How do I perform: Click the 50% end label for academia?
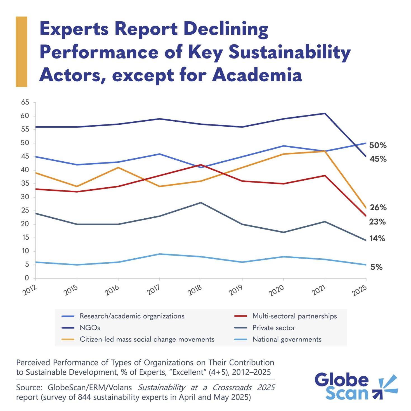pyautogui.click(x=378, y=145)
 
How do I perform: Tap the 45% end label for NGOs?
pyautogui.click(x=378, y=159)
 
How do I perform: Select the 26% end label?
pyautogui.click(x=378, y=207)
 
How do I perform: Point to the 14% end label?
pyautogui.click(x=377, y=238)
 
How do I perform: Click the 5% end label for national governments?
pyautogui.click(x=376, y=267)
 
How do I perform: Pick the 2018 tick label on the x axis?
pyautogui.click(x=195, y=290)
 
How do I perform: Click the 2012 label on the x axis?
pyautogui.click(x=30, y=290)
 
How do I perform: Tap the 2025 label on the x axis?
pyautogui.click(x=359, y=290)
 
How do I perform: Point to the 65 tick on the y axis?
pyautogui.click(x=25, y=103)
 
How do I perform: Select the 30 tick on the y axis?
pyautogui.click(x=25, y=197)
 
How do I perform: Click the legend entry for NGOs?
pyautogui.click(x=90, y=328)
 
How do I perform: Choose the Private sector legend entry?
pyautogui.click(x=274, y=328)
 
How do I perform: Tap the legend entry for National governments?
pyautogui.click(x=287, y=339)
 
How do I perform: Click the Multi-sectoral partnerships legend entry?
pyautogui.click(x=294, y=316)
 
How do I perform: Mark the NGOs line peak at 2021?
pyautogui.click(x=325, y=113)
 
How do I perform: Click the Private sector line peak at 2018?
pyautogui.click(x=201, y=202)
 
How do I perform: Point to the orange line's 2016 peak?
pyautogui.click(x=118, y=167)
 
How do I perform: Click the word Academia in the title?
pyautogui.click(x=257, y=75)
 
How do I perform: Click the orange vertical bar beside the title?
pyautogui.click(x=22, y=52)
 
